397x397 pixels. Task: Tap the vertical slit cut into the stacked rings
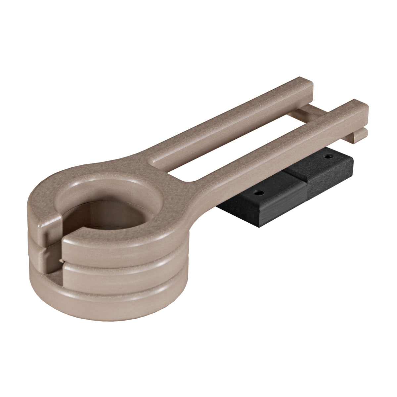(56, 251)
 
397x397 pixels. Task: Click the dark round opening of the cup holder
(99, 225)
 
